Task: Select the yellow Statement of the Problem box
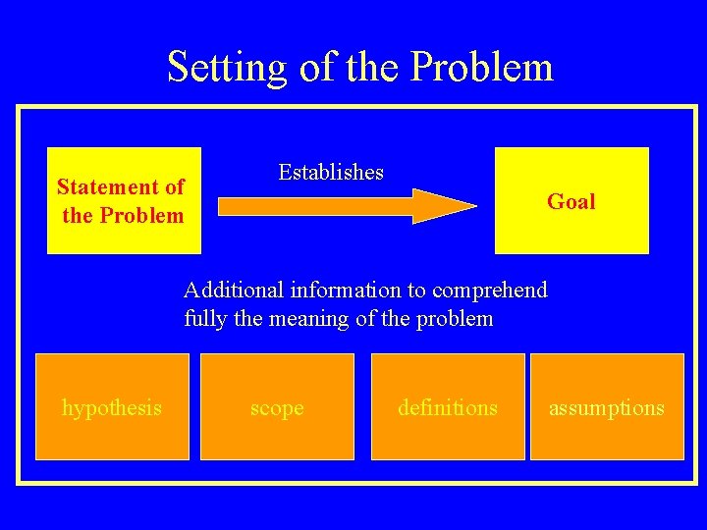click(124, 200)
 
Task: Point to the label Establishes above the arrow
click(331, 173)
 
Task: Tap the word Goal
click(571, 202)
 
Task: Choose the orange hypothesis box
click(112, 406)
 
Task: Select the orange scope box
click(277, 406)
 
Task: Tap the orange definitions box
click(448, 406)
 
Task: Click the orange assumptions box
click(607, 406)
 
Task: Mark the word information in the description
click(344, 291)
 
